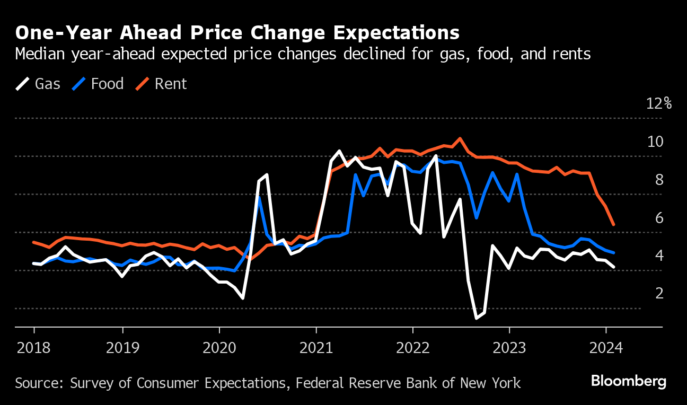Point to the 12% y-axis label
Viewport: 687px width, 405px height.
pos(659,103)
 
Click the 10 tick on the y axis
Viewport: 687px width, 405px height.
pos(655,142)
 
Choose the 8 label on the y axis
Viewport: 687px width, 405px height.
pos(659,180)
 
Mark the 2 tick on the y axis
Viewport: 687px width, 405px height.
pos(659,293)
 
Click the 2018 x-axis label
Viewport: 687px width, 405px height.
pos(34,348)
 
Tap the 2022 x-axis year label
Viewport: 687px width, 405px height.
pos(412,348)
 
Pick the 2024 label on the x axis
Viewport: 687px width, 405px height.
pos(606,348)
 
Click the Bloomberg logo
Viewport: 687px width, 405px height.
pos(628,381)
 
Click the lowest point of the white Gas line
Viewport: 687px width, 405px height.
pos(477,318)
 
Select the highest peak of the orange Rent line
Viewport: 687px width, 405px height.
pos(460,138)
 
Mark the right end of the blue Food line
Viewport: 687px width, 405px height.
pos(614,253)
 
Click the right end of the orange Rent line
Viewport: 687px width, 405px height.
pos(614,225)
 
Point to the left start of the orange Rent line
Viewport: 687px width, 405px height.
pos(33,242)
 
